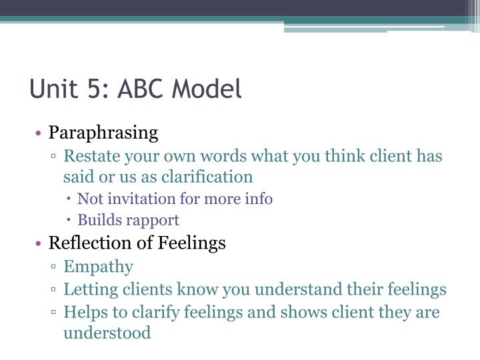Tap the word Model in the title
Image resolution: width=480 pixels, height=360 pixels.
[210, 89]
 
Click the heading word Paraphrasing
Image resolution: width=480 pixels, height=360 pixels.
[103, 133]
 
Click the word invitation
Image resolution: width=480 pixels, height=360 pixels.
[135, 199]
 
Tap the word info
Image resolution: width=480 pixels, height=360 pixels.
[259, 199]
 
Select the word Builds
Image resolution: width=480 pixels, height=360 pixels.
[98, 219]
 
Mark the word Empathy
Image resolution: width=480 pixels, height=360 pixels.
[98, 267]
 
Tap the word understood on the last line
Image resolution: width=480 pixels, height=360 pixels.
[107, 332]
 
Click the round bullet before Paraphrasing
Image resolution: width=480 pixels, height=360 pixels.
[40, 133]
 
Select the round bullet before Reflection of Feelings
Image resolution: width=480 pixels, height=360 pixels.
[40, 243]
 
